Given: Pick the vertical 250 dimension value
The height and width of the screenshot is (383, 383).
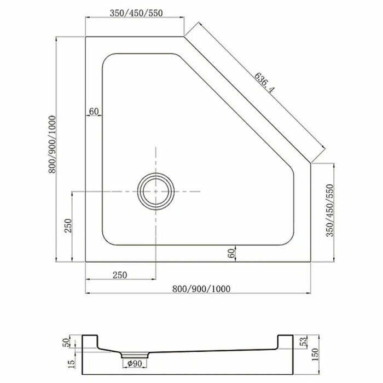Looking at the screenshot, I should click(x=68, y=226).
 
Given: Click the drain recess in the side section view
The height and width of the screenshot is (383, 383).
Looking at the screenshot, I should click(x=132, y=354).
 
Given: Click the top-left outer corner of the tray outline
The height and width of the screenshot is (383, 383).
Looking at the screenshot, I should click(x=86, y=36).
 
